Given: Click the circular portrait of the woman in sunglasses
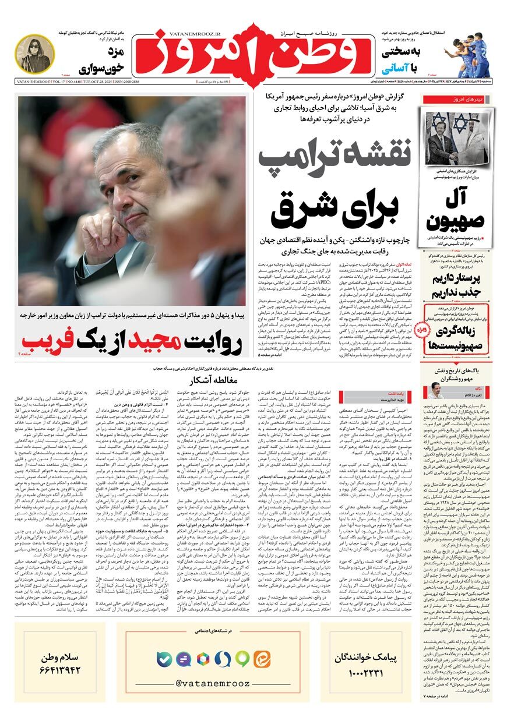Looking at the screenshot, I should (34, 54).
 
